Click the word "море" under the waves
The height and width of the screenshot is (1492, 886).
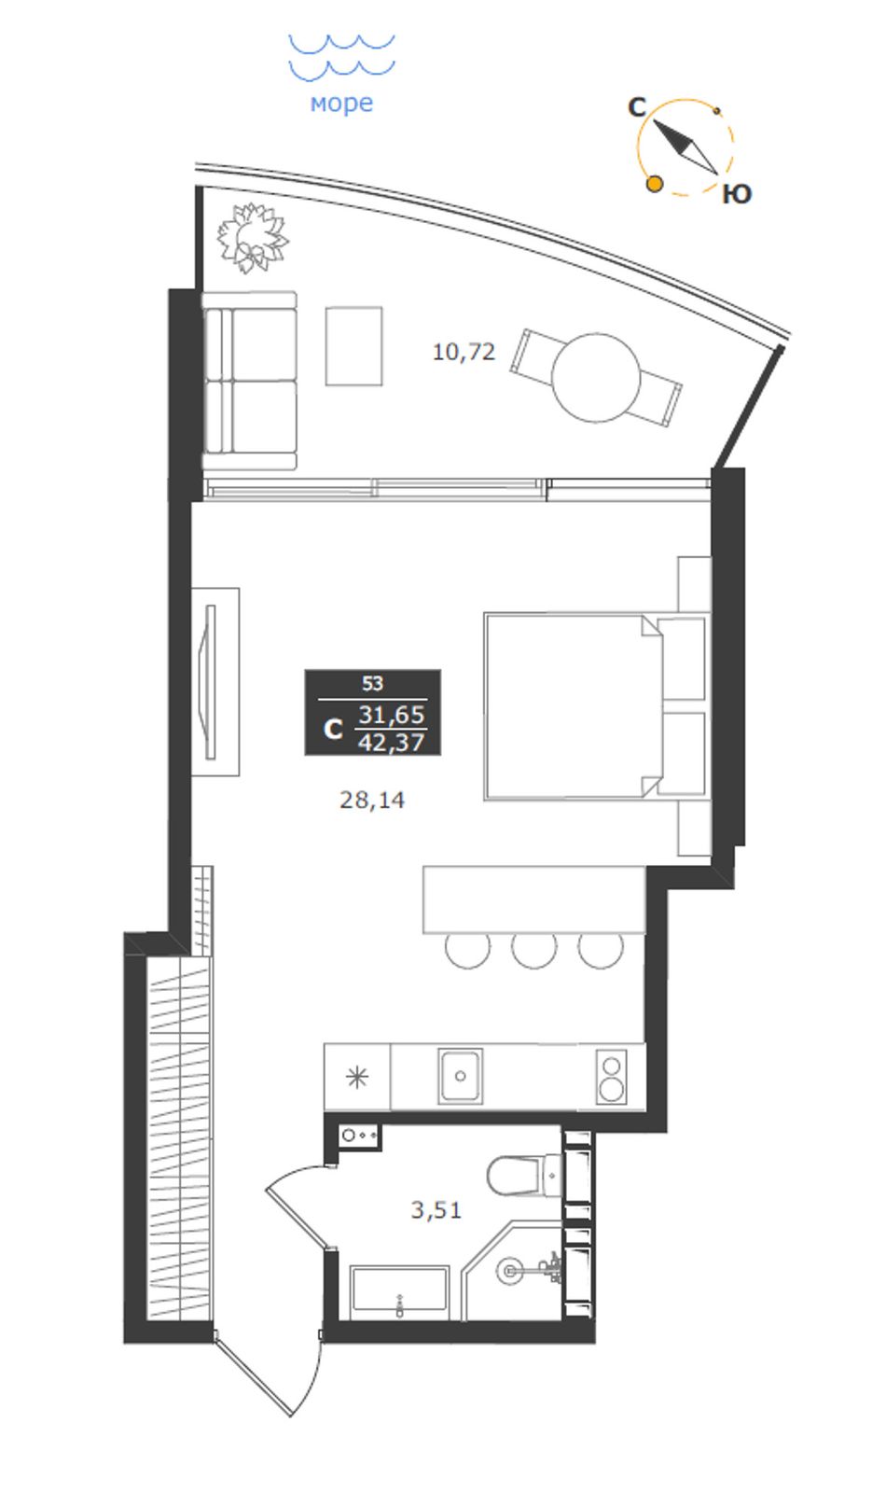click(x=341, y=104)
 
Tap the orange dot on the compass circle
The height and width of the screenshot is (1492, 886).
click(x=655, y=184)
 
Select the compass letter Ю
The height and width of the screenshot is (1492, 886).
click(x=737, y=194)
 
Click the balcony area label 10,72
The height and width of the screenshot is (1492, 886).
click(x=464, y=352)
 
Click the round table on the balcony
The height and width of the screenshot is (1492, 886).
click(x=596, y=378)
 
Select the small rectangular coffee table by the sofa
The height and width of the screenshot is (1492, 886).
click(x=353, y=345)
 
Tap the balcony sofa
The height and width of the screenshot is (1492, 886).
click(x=250, y=381)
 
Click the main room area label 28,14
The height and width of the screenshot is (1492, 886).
click(x=372, y=800)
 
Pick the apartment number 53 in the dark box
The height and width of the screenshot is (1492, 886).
click(x=373, y=683)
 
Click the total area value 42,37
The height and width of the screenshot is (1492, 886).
click(x=392, y=742)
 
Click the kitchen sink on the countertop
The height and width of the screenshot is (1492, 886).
click(x=460, y=1075)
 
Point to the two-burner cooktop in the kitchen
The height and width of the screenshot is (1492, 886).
click(x=611, y=1076)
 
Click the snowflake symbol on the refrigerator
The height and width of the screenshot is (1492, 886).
click(x=357, y=1077)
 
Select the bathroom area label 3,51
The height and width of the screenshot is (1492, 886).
click(x=436, y=1209)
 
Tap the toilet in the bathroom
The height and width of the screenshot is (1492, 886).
click(x=526, y=1176)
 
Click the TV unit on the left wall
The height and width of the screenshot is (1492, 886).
click(x=215, y=681)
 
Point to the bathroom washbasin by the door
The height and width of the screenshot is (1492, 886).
click(x=359, y=1136)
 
